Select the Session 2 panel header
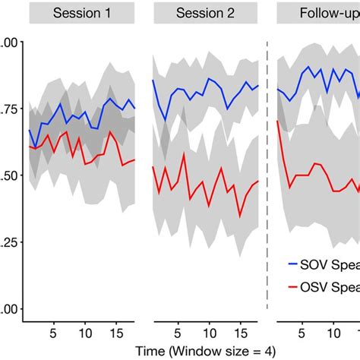[205, 14]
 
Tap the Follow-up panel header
[319, 14]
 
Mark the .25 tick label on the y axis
[9, 242]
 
